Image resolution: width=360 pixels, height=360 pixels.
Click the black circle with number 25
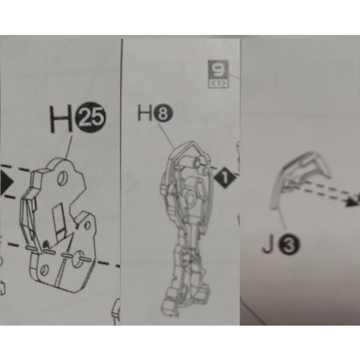[90, 117]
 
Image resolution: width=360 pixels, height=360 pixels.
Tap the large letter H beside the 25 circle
[61, 119]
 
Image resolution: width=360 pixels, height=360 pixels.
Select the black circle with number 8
[163, 113]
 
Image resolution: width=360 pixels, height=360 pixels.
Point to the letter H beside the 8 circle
[145, 113]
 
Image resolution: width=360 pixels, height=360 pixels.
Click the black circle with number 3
[289, 245]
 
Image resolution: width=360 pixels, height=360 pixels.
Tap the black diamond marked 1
[225, 178]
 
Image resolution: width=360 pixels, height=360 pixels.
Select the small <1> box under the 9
[218, 84]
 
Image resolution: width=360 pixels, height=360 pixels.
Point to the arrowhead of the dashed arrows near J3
[352, 202]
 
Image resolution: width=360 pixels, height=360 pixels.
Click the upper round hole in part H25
[62, 179]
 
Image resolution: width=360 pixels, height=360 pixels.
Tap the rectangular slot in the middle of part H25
[59, 221]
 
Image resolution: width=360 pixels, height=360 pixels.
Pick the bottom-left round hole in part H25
[44, 270]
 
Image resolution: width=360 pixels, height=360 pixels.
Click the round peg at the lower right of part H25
[78, 259]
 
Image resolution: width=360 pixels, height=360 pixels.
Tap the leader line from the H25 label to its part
[69, 147]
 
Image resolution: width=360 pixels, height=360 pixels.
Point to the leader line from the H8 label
[166, 136]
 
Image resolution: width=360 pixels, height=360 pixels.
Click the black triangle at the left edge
[6, 183]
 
